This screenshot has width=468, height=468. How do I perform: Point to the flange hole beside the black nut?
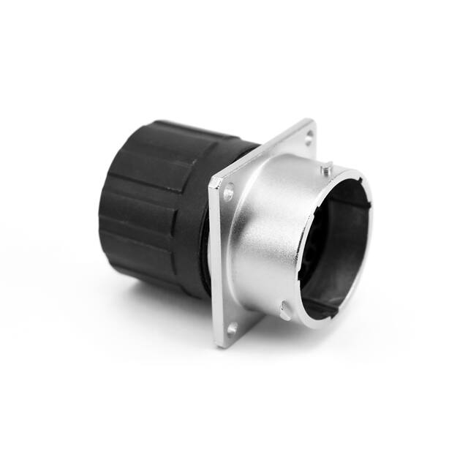228,193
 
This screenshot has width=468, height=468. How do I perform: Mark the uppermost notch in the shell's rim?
358,175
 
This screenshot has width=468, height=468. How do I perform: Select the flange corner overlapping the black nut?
212,180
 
